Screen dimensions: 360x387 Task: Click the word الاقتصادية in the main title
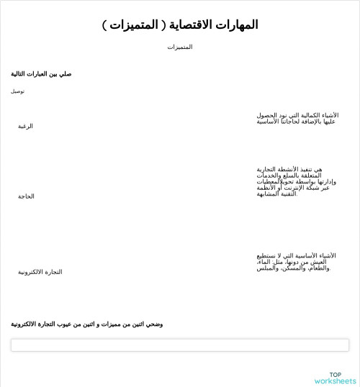[190, 24]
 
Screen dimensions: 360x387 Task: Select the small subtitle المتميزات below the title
[180, 47]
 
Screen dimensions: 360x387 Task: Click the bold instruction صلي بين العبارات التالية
[41, 74]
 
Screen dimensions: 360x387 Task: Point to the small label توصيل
[17, 91]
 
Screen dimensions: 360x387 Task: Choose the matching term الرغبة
[26, 126]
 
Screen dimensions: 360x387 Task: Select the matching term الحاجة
[27, 196]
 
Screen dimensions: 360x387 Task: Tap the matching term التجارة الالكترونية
[40, 272]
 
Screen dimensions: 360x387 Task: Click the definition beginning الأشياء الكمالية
[297, 118]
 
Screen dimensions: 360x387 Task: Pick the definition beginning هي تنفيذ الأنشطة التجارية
[292, 181]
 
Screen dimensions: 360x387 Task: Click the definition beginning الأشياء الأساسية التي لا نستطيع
[295, 262]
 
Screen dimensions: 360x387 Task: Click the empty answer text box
[180, 345]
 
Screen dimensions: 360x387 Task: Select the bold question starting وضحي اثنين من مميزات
[87, 324]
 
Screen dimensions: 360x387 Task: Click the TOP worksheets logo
[335, 378]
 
